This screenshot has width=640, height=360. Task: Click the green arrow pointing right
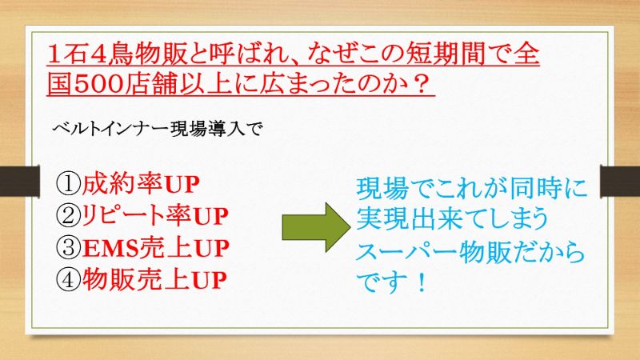coord(316,227)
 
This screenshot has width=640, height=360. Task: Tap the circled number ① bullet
coord(68,184)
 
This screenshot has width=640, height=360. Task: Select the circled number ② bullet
coord(68,215)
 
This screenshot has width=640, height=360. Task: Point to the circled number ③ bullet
coord(68,248)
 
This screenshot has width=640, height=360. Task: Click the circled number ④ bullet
coord(68,279)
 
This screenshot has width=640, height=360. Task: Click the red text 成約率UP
coord(141,184)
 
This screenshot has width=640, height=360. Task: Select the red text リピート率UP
coord(154,215)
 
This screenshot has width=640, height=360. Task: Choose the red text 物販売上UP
coord(154,279)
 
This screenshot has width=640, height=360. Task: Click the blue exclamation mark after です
coord(421,282)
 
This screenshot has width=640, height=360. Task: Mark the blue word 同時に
coord(548,189)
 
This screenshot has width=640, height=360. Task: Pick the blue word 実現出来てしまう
coord(452,219)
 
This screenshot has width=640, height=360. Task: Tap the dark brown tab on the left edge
coord(19,182)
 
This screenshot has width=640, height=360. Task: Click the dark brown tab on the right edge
coord(620,182)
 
